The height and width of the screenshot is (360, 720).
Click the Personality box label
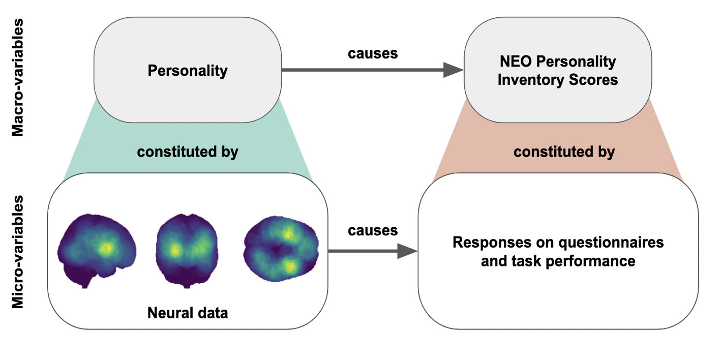tap(187, 70)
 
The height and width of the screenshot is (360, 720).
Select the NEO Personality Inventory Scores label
tap(558, 71)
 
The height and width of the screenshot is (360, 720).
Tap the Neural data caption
tap(188, 312)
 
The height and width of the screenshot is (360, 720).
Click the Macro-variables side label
tap(18, 77)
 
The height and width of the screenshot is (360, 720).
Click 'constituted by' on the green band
tap(188, 152)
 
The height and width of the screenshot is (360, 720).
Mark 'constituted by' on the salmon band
tap(564, 152)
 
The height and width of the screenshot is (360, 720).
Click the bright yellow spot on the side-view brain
tap(106, 248)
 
